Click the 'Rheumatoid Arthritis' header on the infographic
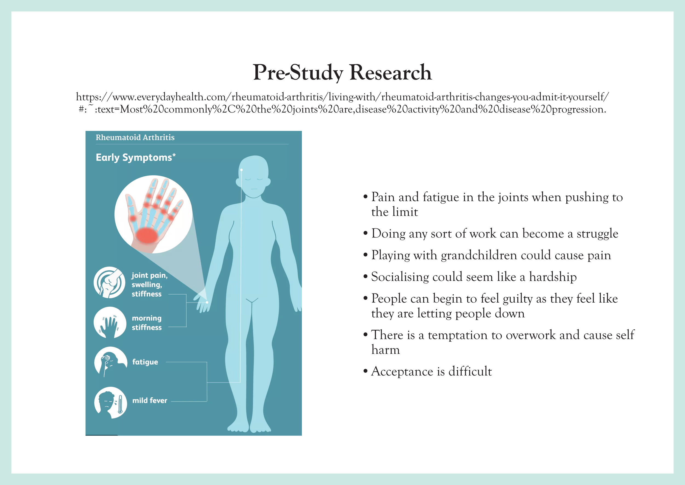click(x=135, y=137)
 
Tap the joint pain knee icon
click(x=109, y=282)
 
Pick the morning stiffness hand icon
click(x=110, y=323)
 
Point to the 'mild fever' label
click(x=150, y=401)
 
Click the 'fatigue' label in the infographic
click(x=145, y=362)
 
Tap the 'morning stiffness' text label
click(x=147, y=323)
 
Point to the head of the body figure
click(x=254, y=176)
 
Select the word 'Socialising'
click(x=400, y=277)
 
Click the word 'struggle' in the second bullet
click(x=597, y=233)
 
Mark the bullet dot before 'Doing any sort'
click(x=366, y=233)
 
